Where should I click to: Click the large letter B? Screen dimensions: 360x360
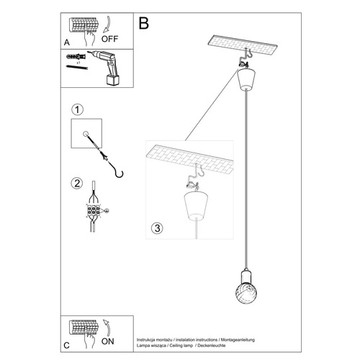[144, 22]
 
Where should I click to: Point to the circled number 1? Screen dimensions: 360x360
[78, 109]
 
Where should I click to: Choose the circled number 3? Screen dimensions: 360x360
[158, 228]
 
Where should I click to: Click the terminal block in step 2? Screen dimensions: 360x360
[94, 212]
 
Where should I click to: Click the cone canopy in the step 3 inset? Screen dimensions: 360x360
[195, 208]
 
